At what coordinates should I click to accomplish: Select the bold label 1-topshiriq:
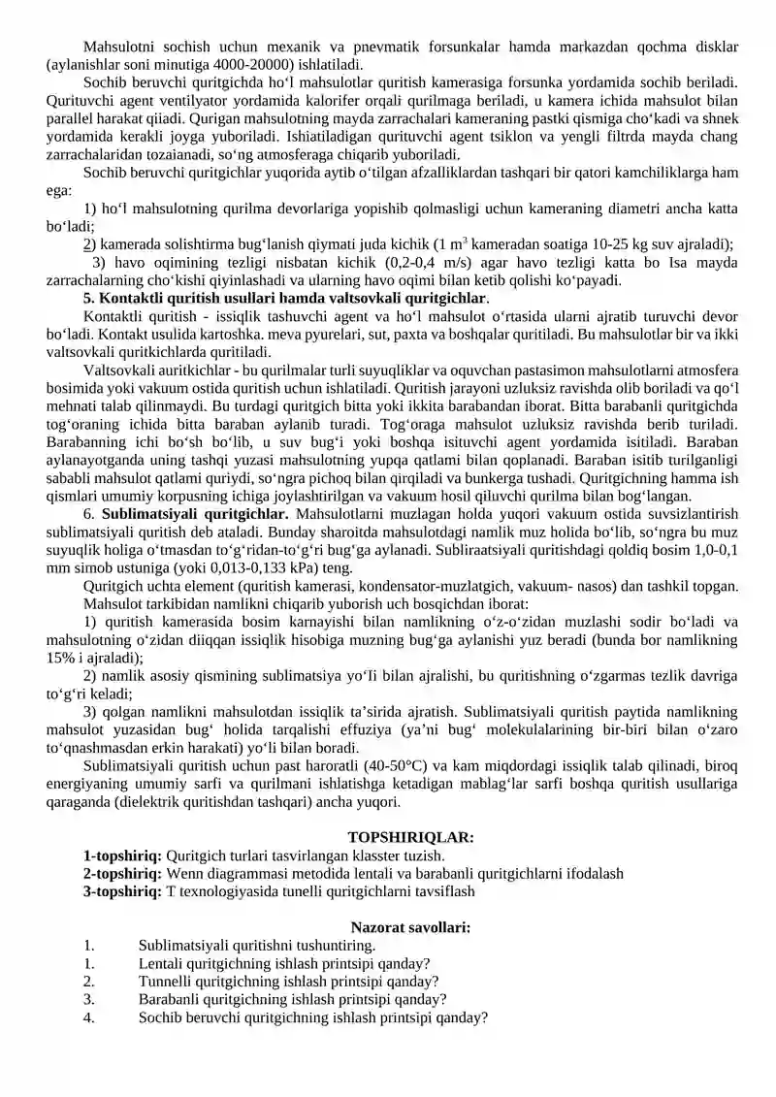click(x=123, y=855)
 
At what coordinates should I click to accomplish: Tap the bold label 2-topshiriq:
click(x=123, y=873)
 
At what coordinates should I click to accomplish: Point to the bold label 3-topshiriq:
click(x=123, y=890)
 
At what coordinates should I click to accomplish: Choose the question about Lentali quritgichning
click(x=284, y=963)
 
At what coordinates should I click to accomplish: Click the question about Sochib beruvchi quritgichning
click(x=312, y=1017)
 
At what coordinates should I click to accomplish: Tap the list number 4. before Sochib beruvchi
click(x=89, y=1017)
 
